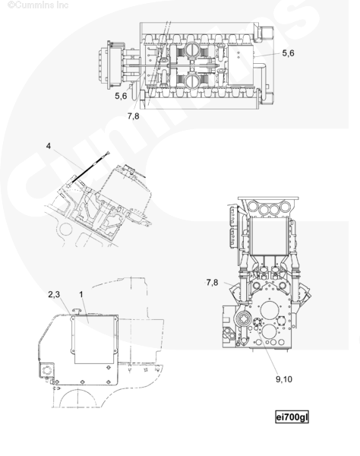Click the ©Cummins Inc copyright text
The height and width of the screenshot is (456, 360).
[x=38, y=5]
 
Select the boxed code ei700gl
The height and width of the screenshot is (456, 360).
[x=292, y=417]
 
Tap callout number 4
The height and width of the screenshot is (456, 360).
[x=49, y=146]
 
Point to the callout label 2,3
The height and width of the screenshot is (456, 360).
[x=54, y=294]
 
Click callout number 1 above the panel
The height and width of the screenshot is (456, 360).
[x=81, y=294]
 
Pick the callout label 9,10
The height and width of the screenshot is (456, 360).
[x=284, y=379]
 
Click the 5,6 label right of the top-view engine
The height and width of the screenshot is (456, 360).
[x=288, y=53]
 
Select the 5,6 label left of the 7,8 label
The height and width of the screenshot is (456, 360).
[x=121, y=96]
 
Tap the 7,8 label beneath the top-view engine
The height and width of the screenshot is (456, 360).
[x=134, y=116]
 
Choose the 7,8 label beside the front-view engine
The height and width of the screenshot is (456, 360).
[x=212, y=283]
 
